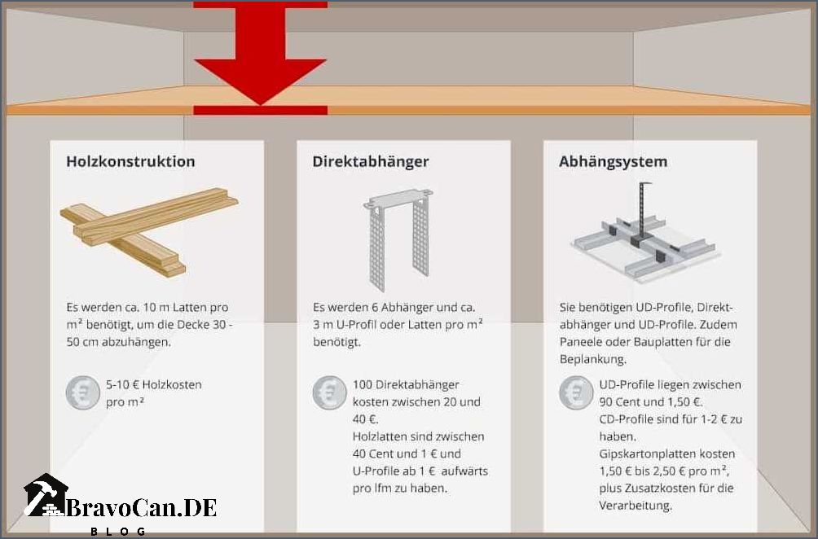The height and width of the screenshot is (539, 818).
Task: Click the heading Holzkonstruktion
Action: (x=130, y=161)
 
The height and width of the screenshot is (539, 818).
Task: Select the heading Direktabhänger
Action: (x=370, y=161)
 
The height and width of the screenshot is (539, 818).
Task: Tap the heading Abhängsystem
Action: (x=613, y=161)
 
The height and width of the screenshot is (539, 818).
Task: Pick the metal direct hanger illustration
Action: (x=399, y=240)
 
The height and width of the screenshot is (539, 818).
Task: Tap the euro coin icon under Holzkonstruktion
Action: (x=81, y=392)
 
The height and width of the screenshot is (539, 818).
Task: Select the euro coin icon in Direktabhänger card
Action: (x=328, y=392)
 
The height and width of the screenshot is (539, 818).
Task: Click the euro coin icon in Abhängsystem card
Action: (x=575, y=392)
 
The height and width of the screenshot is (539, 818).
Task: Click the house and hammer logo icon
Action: (x=46, y=496)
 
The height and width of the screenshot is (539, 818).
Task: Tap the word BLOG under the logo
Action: (x=118, y=531)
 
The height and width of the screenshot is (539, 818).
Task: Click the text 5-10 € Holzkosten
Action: (x=153, y=384)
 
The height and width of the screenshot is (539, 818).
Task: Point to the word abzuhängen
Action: (x=135, y=342)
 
